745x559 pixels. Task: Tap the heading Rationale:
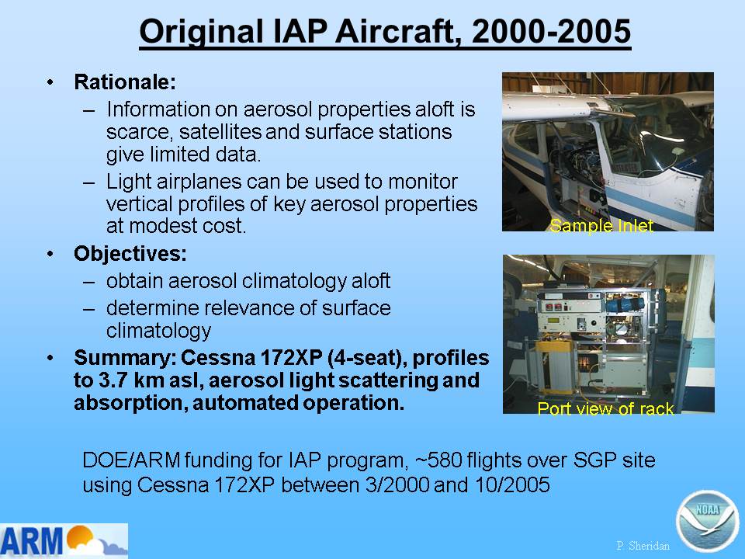coord(125,82)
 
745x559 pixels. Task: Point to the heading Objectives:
coord(130,253)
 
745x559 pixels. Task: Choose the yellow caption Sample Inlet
coord(601,225)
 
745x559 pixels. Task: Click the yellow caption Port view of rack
coord(605,408)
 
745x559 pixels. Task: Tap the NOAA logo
coord(708,521)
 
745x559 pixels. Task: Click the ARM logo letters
coord(33,540)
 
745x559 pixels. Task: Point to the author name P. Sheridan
coord(643,546)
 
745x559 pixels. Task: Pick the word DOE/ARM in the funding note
coord(131,460)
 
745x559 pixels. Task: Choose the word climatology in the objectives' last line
coord(158,331)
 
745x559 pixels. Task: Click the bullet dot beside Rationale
coord(50,82)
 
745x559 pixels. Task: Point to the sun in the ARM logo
coord(79,536)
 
